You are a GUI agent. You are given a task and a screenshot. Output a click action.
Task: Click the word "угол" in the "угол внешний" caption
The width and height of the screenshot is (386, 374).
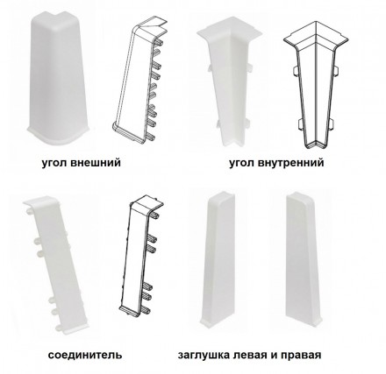[x=54, y=163]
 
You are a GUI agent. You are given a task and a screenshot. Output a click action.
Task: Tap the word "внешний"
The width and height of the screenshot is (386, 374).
[x=96, y=162]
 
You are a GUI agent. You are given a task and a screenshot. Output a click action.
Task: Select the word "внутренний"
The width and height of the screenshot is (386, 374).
[x=291, y=162]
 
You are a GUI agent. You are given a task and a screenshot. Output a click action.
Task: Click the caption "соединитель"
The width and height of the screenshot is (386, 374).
[x=85, y=355]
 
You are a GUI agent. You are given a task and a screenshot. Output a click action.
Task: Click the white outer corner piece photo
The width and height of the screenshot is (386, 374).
[x=57, y=78]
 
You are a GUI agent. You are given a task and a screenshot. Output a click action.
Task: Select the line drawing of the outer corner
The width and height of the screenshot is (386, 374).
[x=140, y=81]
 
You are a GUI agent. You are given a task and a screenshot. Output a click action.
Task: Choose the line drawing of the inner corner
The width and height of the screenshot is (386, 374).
[x=316, y=85]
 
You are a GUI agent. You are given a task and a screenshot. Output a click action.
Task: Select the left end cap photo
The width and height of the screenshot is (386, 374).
[x=218, y=260]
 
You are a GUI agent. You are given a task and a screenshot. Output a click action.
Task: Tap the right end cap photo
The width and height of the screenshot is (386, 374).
[x=304, y=259]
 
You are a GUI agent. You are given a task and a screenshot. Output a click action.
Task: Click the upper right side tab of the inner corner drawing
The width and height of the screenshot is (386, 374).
[x=336, y=70]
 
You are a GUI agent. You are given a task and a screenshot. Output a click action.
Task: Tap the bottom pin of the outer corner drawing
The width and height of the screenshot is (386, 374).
[x=151, y=137]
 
